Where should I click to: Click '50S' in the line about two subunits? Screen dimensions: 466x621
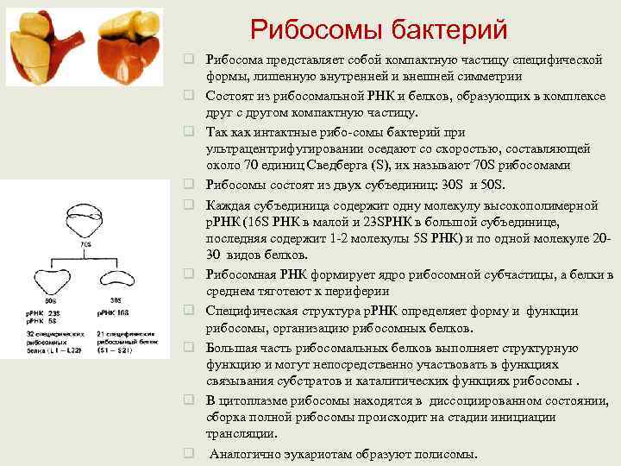495,185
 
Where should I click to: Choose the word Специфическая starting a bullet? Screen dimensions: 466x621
249,311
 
